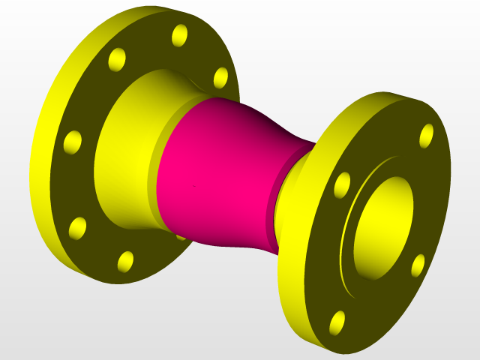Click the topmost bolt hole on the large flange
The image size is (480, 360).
180,34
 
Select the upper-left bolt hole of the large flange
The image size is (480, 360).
117,58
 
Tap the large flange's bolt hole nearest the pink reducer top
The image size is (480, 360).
220,77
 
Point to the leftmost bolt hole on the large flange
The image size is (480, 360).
73,141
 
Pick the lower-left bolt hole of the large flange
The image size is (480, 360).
77,227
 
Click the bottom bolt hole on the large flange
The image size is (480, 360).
125,261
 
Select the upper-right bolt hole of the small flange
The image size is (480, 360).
426,135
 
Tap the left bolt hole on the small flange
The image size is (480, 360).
342,184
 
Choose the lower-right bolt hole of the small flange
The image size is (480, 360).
418,264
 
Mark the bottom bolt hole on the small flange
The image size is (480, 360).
338,321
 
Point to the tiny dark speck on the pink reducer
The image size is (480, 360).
193,184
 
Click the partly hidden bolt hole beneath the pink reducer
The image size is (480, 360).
181,236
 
